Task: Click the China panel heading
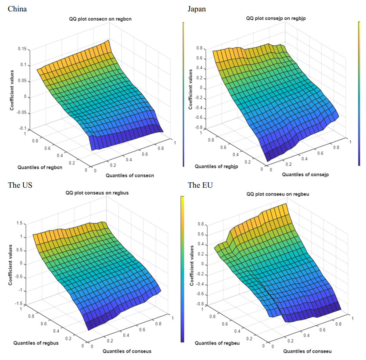pyautogui.click(x=18, y=9)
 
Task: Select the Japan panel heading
pyautogui.click(x=197, y=9)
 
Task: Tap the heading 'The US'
pyautogui.click(x=20, y=185)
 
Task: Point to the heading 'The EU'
pyautogui.click(x=200, y=185)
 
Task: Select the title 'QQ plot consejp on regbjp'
pyautogui.click(x=276, y=18)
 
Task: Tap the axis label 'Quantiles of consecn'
pyautogui.click(x=130, y=175)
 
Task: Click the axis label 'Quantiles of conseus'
pyautogui.click(x=127, y=351)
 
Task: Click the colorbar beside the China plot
pyautogui.click(x=183, y=95)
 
